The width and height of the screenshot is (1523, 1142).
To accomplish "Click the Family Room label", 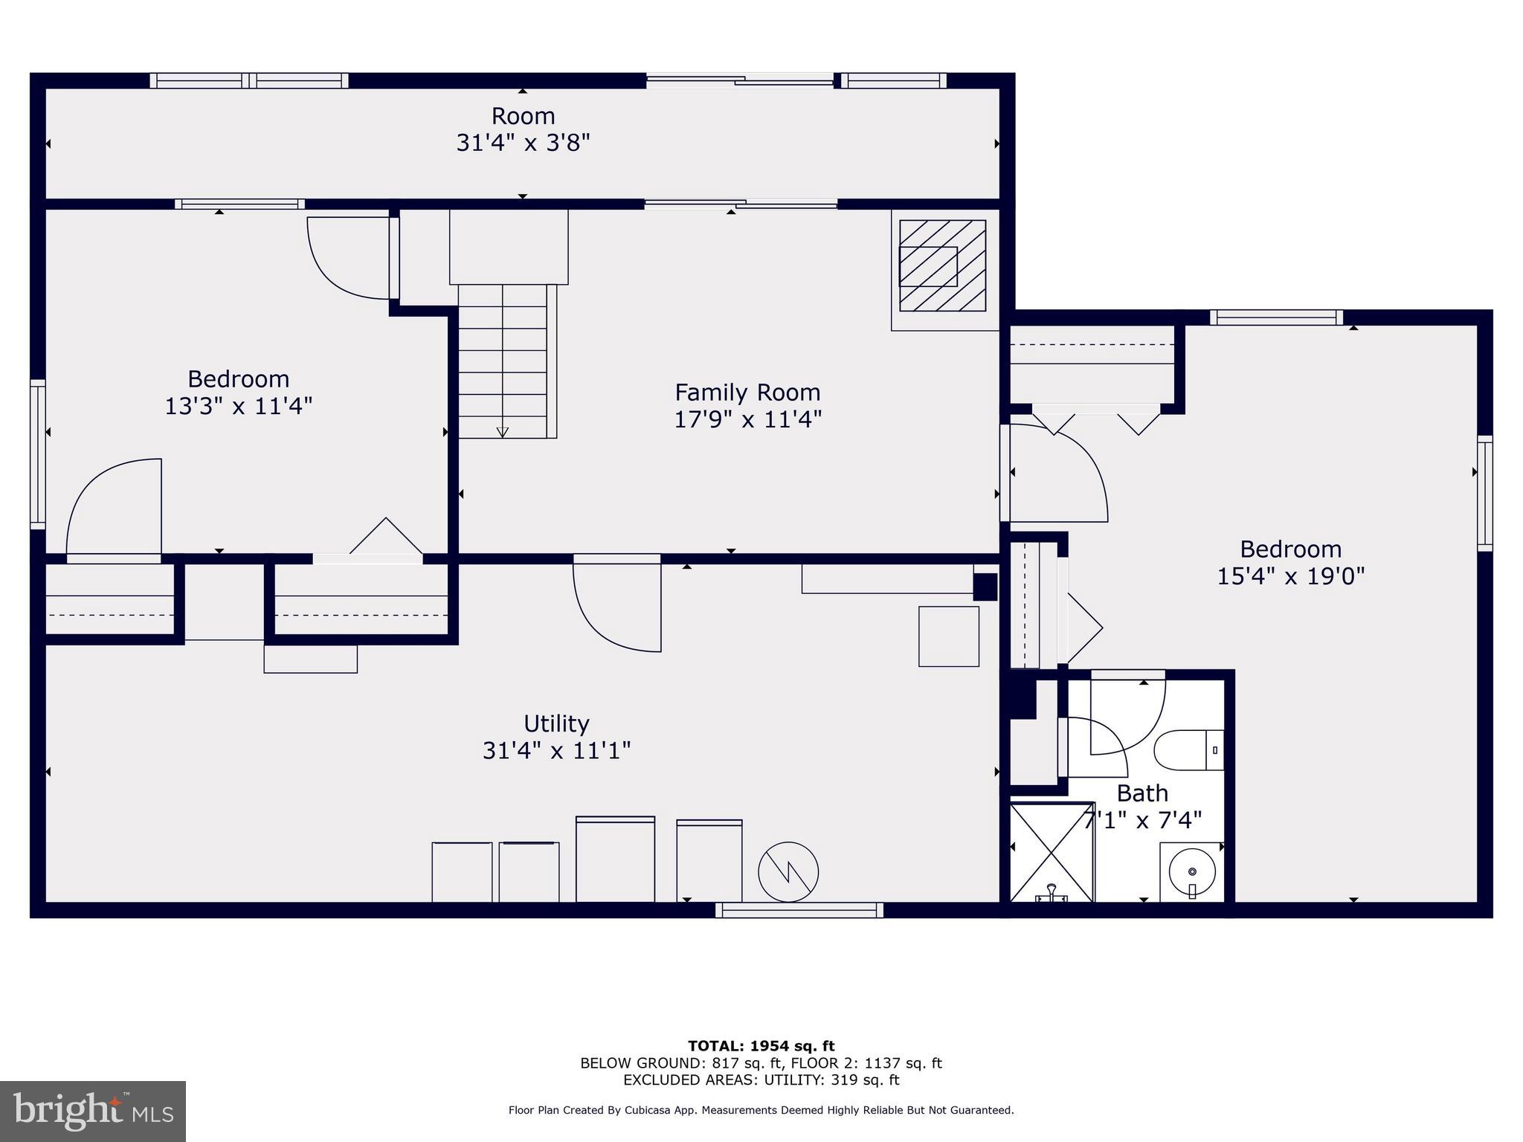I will (x=747, y=392).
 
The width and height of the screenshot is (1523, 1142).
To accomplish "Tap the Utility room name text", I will (x=556, y=723).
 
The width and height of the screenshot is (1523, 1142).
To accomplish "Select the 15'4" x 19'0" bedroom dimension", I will (x=1290, y=576).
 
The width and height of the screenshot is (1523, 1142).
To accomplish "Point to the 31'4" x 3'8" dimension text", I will (x=523, y=143).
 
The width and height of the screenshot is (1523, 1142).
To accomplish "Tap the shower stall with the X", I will (x=1052, y=851).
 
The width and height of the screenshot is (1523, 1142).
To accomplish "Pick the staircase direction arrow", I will (x=503, y=430).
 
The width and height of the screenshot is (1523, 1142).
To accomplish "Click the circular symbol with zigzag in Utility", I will (x=788, y=872).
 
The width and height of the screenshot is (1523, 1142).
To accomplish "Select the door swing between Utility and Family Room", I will (x=617, y=606).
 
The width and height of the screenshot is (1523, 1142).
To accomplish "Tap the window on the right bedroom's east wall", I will (x=1484, y=493).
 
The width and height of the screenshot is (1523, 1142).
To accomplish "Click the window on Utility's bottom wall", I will (x=799, y=910).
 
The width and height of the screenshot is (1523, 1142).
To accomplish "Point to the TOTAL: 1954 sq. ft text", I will (x=761, y=1046).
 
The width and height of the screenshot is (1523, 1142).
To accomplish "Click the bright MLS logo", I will (x=93, y=1111).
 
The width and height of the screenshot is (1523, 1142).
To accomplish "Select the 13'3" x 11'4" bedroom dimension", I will (x=238, y=407).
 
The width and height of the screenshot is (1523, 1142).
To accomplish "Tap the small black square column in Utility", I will (x=985, y=587).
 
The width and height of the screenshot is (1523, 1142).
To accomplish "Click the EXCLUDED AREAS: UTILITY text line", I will (x=761, y=1080).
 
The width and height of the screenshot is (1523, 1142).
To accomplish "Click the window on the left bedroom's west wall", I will (x=37, y=454).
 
